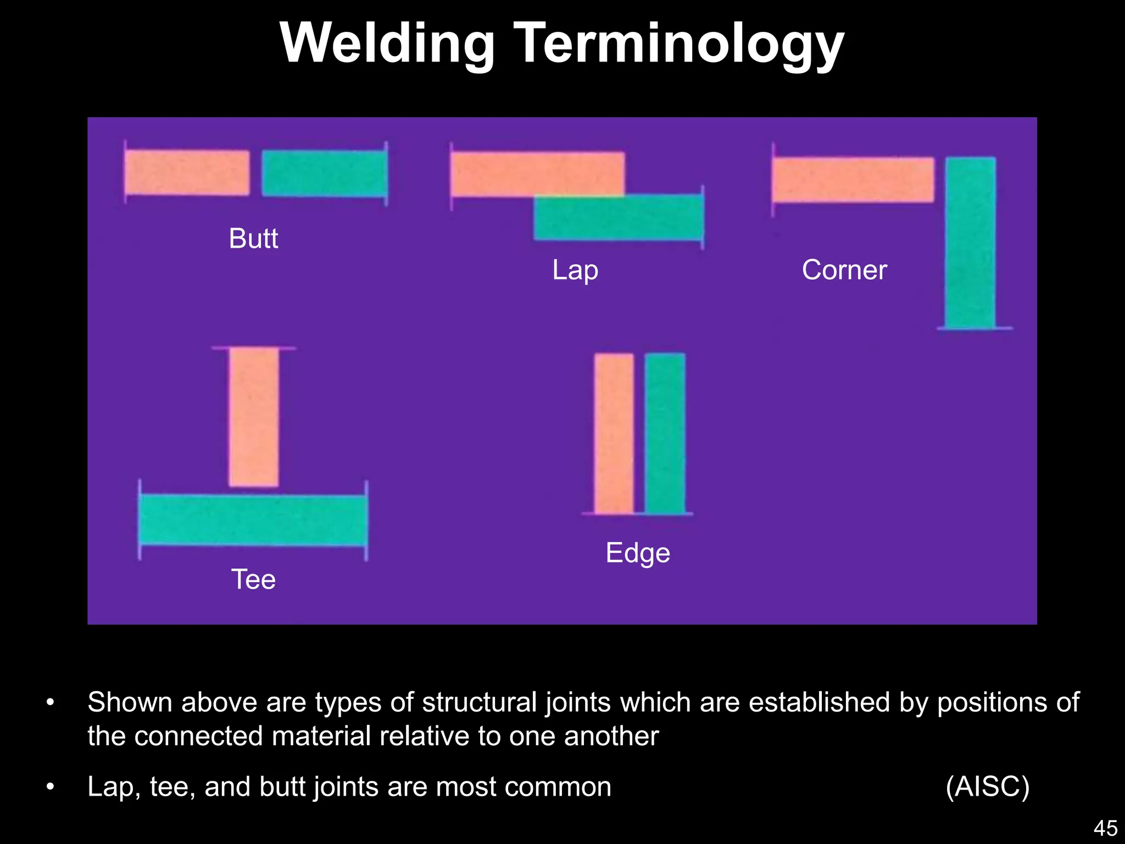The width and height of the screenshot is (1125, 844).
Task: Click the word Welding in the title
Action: click(387, 44)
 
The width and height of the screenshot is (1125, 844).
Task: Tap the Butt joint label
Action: click(253, 238)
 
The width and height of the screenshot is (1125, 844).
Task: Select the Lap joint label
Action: click(575, 270)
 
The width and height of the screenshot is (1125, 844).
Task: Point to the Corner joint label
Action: click(844, 270)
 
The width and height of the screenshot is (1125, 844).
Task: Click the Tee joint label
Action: click(253, 579)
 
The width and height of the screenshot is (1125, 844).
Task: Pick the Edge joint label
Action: click(637, 553)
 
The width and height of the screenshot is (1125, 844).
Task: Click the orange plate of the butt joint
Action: click(187, 173)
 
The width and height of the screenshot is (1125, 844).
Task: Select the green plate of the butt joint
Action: click(324, 174)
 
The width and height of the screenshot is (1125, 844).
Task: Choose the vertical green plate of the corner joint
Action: click(970, 242)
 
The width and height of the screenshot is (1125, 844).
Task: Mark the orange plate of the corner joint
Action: click(853, 180)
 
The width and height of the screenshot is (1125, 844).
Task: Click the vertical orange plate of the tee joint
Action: click(253, 417)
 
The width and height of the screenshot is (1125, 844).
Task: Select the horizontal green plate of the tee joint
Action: click(253, 520)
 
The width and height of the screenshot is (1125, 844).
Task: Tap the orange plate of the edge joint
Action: click(614, 434)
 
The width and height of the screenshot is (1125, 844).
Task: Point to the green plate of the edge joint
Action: click(665, 434)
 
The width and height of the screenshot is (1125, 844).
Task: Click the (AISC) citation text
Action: click(987, 787)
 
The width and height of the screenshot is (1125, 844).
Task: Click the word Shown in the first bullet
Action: click(130, 703)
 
